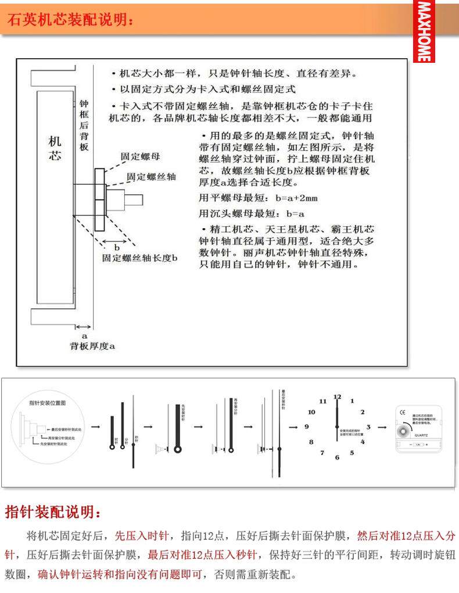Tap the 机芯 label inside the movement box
coord(55,149)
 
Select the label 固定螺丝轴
coord(151,176)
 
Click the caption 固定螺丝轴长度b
coord(139,257)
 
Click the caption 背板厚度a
coord(92,346)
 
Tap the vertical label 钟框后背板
coord(84,125)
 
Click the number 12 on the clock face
coord(337,396)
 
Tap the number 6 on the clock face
coord(337,457)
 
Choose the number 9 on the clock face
coord(307,427)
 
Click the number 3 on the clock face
coord(368,427)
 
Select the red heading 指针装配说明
coord(53,512)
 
